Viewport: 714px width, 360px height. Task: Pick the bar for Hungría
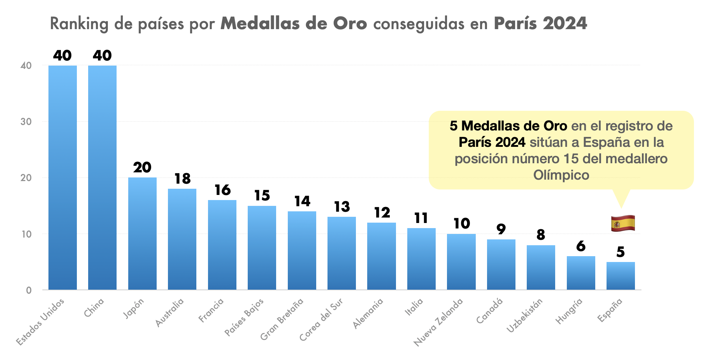tap(581, 273)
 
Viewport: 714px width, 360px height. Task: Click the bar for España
tap(620, 276)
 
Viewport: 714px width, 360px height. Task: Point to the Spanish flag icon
tap(623, 223)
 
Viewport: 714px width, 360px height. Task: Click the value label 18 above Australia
tap(182, 179)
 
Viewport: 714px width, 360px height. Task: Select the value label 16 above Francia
tap(222, 190)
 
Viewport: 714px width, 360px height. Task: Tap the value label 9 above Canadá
tap(501, 229)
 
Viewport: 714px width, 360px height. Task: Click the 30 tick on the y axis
tap(26, 122)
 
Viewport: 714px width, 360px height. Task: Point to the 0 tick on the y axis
tap(29, 290)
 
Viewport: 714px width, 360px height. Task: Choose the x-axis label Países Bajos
tap(244, 317)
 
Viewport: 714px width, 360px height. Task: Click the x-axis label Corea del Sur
tap(321, 320)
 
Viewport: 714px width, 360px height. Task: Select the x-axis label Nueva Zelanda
tap(438, 322)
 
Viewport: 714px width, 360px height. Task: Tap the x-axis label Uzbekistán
tap(525, 315)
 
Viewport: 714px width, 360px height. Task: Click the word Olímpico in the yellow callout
tap(561, 175)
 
